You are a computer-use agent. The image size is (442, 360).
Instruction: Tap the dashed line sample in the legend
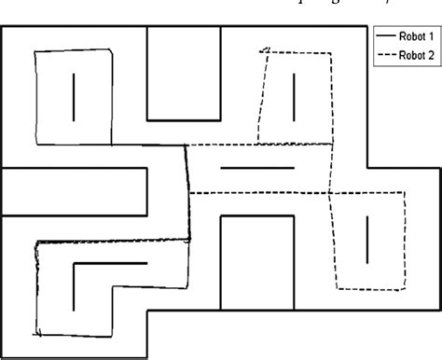click(x=385, y=55)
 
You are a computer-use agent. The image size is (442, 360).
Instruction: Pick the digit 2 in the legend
click(x=431, y=55)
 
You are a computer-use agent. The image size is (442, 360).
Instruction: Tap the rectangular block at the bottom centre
click(x=256, y=262)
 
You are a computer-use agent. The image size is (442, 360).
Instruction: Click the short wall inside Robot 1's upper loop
click(x=72, y=97)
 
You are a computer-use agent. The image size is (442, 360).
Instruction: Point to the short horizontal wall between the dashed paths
click(x=256, y=168)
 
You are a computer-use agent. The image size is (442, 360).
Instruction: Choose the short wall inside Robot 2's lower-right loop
click(x=368, y=239)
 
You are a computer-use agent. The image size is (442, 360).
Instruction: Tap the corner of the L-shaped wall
click(x=73, y=265)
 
